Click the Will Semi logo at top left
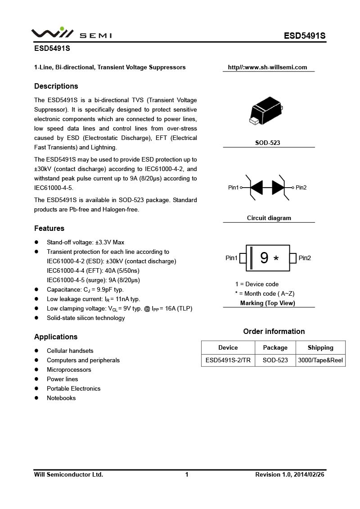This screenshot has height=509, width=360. pos(72,34)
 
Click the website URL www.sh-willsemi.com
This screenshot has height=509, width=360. pos(267,68)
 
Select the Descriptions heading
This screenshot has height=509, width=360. pos(56,86)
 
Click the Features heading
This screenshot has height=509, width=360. pos(49,229)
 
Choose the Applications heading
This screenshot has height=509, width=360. pos(56,337)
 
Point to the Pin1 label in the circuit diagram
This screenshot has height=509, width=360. pos(234,188)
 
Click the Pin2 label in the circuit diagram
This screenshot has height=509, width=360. pos(301,188)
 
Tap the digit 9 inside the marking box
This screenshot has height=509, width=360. pos(264,258)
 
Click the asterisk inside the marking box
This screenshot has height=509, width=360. pos(276,259)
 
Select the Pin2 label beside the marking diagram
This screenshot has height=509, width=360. pos(305,258)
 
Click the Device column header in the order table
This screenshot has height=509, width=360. pos(228,348)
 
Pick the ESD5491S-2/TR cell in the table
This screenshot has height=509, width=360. pos(228,360)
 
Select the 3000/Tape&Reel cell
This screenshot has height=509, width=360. pos(320,360)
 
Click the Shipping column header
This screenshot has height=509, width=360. pos(320,348)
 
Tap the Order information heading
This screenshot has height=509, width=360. pos(274,332)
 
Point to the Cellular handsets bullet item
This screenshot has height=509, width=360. pos(70,351)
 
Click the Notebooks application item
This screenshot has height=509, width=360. pos(61,398)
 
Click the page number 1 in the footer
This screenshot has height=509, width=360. pos(187,475)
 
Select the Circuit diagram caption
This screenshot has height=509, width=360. pos(269,218)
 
